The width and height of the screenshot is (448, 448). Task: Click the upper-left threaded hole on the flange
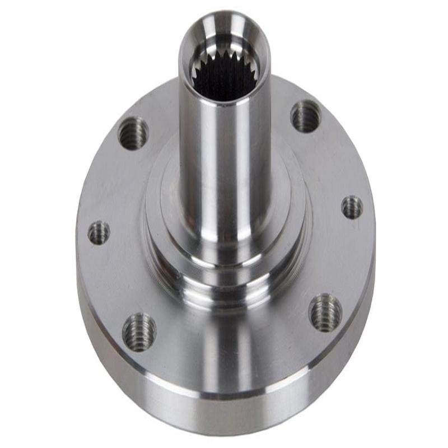tap(133, 133)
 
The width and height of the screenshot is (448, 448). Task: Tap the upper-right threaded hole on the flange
tap(306, 116)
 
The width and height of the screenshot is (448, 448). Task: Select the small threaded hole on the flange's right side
tap(352, 207)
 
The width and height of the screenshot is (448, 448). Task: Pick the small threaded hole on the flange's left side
tap(99, 232)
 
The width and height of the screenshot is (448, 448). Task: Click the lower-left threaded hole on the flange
tap(139, 332)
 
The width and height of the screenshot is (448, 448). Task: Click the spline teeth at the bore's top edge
tap(224, 56)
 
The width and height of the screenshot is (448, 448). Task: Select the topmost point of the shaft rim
tap(224, 12)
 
